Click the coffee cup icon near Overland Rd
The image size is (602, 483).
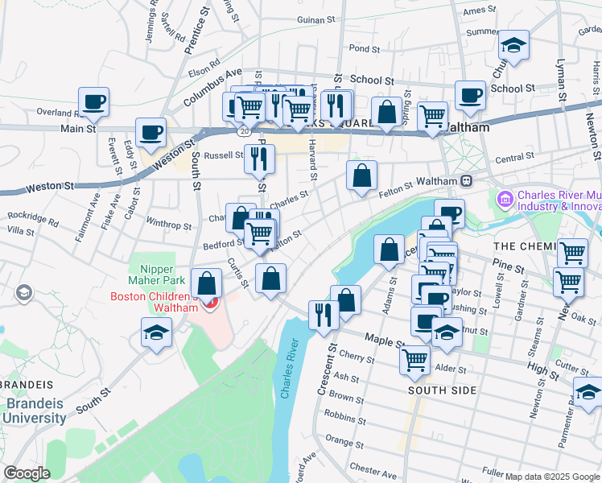click(94, 102)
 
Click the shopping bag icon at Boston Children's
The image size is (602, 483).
click(207, 283)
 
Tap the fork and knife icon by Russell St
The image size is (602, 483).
click(259, 159)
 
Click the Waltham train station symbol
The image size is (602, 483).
click(466, 180)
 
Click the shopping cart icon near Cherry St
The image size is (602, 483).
click(415, 360)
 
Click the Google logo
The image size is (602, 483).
click(27, 473)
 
